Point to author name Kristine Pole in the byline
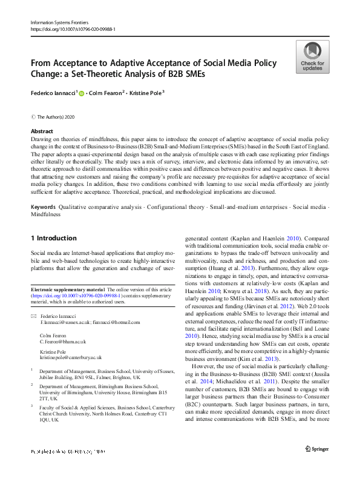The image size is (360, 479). (146, 94)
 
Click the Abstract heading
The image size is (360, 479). (42, 131)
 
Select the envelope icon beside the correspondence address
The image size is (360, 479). (33, 317)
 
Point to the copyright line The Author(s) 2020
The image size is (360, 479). (57, 116)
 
